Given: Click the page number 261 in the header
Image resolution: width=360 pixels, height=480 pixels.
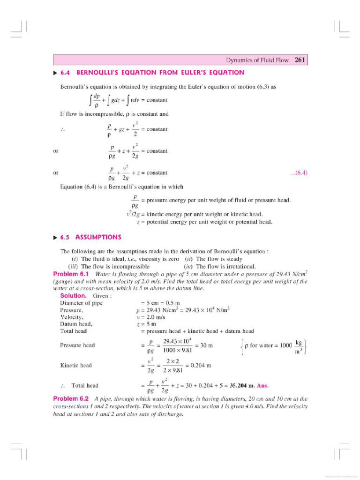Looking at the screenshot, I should (300, 60).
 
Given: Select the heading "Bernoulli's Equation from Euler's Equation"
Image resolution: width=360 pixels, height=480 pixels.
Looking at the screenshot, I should (160, 73).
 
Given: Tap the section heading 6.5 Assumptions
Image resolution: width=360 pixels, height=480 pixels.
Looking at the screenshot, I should (98, 237).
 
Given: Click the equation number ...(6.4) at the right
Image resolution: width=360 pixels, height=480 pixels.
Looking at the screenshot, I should (299, 173).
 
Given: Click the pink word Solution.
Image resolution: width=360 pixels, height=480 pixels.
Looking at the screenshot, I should (73, 296).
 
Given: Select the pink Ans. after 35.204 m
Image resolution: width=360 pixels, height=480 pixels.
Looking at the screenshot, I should (263, 385).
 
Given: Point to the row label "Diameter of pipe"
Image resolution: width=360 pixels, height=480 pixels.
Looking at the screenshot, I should (81, 303).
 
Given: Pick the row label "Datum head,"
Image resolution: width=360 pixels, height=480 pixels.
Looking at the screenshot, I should (76, 324).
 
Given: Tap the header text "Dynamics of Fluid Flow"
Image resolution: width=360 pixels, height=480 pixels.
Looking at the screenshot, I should (258, 60).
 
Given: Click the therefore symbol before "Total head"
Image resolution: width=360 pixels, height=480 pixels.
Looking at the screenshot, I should (62, 385).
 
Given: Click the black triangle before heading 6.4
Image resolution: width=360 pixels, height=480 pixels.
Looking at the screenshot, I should (55, 73).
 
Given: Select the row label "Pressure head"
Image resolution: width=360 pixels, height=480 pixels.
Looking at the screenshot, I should (77, 345).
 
